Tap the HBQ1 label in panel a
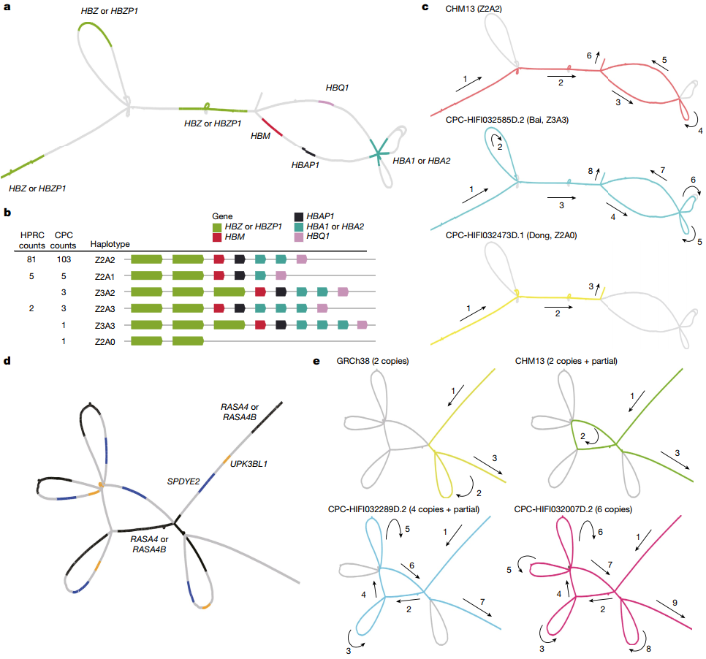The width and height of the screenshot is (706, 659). [337, 88]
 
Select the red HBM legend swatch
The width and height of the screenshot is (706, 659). [217, 237]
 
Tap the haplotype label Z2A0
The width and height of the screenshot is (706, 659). [106, 341]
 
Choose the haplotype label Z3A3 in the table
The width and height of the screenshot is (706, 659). [106, 325]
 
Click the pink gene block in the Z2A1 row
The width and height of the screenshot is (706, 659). [280, 275]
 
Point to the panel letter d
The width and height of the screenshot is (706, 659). [7, 360]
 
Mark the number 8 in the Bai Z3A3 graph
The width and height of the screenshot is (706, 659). [590, 171]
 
